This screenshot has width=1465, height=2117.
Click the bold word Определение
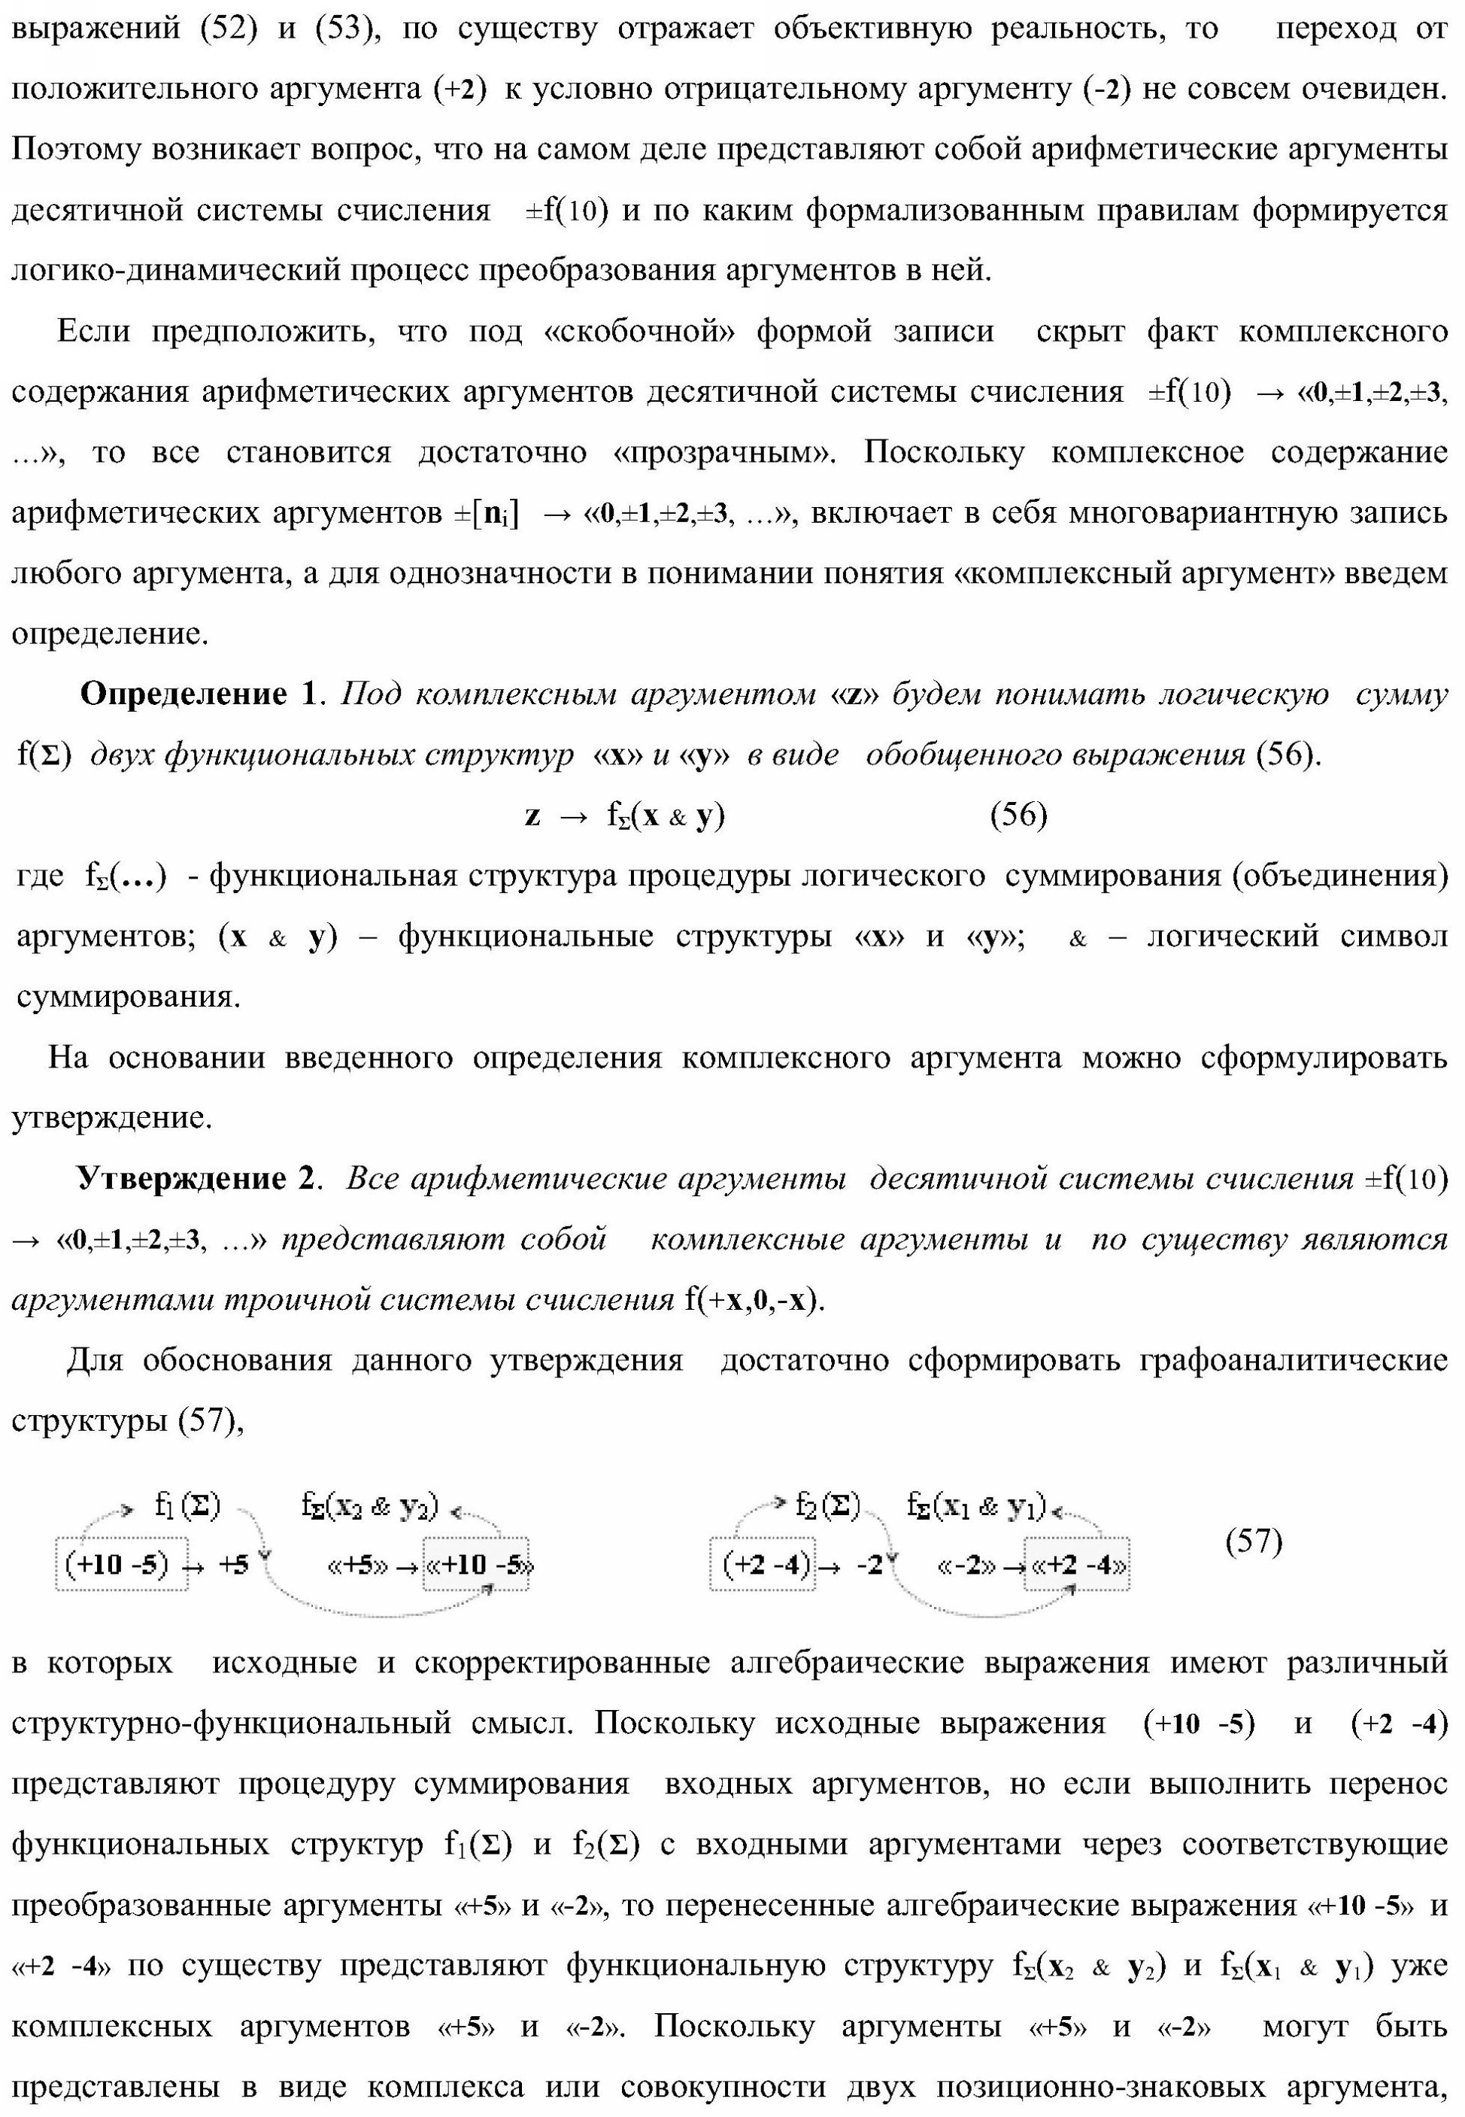pos(184,695)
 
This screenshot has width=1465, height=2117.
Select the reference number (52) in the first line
pos(228,29)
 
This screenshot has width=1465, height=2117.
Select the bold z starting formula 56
pos(532,816)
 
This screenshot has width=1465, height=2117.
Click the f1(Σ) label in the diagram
pos(187,1507)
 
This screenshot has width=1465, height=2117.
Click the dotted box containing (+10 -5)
pos(120,1564)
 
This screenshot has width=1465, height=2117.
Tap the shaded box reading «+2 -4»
pos(1078,1564)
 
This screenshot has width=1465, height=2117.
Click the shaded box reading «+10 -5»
pos(478,1564)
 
